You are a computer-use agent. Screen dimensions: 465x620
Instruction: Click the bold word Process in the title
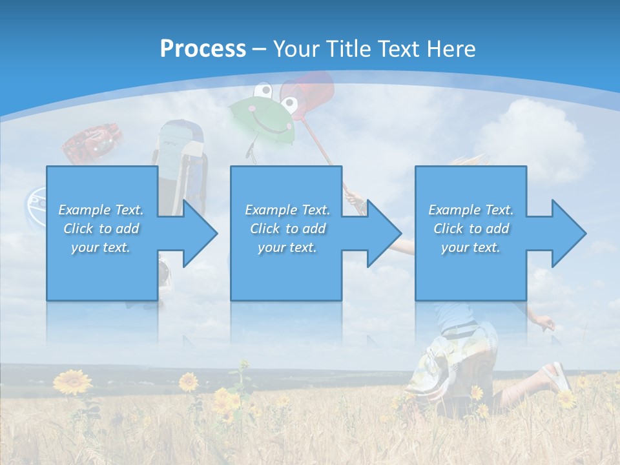tap(203, 48)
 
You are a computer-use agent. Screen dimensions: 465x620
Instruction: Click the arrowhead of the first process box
tap(199, 233)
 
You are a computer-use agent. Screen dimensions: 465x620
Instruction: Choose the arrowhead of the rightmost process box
tap(568, 233)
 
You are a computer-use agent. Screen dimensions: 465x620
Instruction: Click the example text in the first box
tap(101, 229)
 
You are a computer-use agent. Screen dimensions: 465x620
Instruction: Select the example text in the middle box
tap(287, 229)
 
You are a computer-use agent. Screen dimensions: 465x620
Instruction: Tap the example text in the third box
tap(471, 229)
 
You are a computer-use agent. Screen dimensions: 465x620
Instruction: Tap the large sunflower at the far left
tap(72, 382)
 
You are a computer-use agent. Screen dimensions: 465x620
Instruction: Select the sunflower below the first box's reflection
tap(188, 382)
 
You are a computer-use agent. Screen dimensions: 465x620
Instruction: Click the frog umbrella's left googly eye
tap(262, 90)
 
